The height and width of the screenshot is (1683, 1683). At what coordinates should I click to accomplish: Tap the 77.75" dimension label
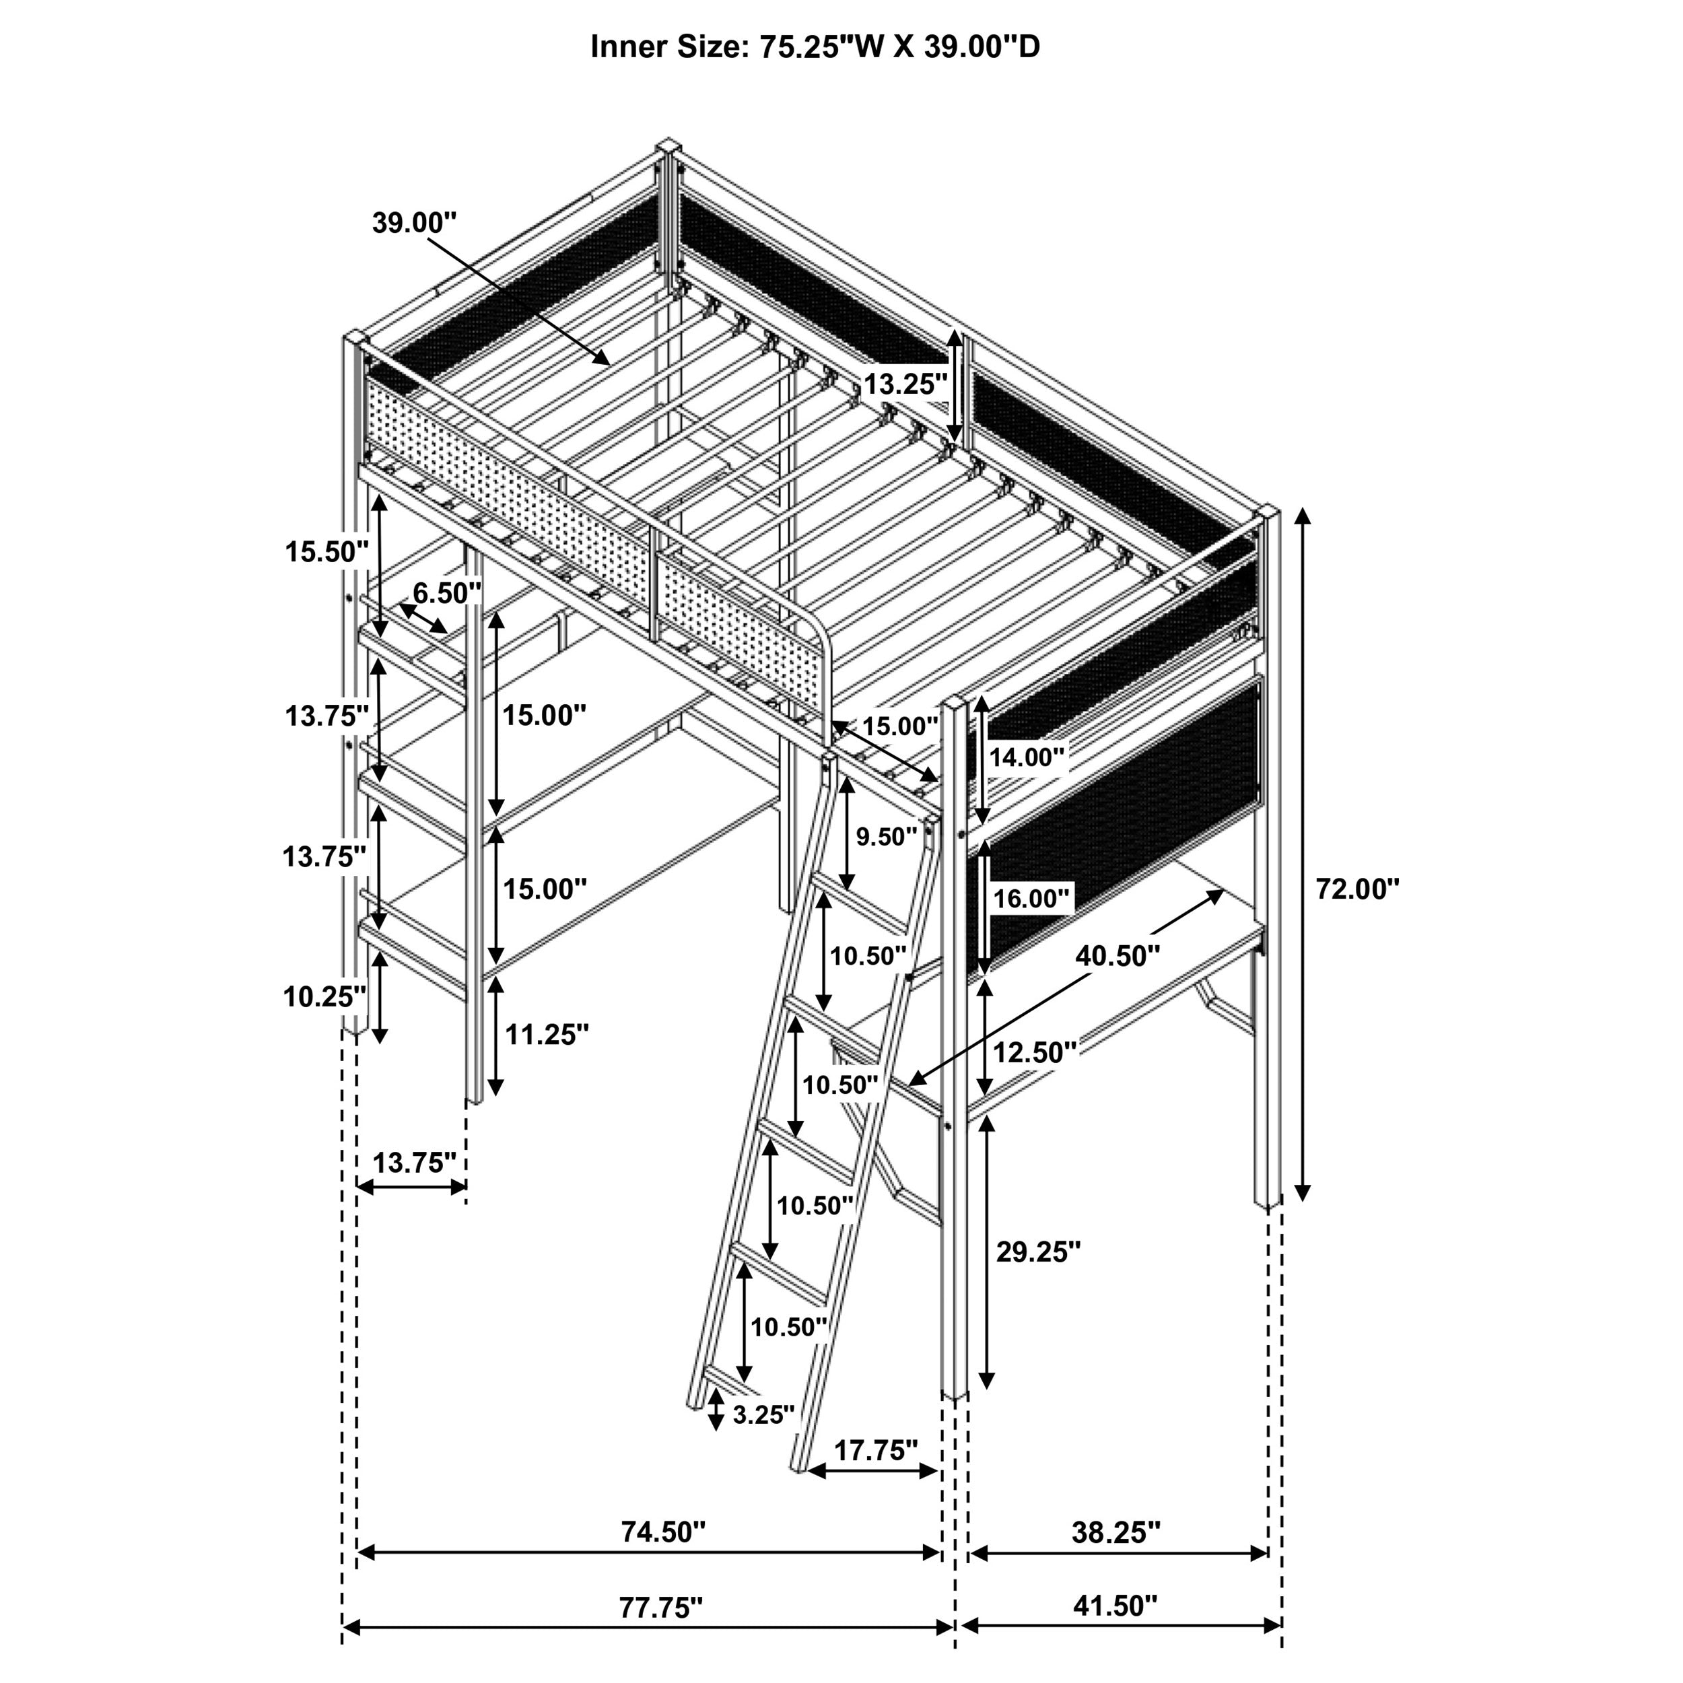(x=660, y=1607)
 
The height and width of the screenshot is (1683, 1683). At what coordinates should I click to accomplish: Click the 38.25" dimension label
(x=1116, y=1532)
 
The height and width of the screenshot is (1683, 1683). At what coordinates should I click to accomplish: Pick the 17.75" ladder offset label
(x=875, y=1451)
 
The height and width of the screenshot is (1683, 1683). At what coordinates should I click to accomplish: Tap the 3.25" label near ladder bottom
(x=763, y=1414)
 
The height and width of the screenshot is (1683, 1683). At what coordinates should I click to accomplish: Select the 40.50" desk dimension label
(x=1118, y=956)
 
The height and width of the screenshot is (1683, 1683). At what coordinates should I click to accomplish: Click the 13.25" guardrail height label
(x=905, y=384)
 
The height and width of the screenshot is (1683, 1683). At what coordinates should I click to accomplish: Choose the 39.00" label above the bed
(x=414, y=222)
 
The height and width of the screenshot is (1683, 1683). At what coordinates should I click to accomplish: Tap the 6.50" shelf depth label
(x=447, y=593)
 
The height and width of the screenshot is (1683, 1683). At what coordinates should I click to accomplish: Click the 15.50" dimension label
(x=328, y=551)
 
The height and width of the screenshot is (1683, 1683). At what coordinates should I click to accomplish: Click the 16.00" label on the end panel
(x=1031, y=898)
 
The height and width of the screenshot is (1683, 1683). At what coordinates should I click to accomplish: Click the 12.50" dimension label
(x=1035, y=1052)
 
